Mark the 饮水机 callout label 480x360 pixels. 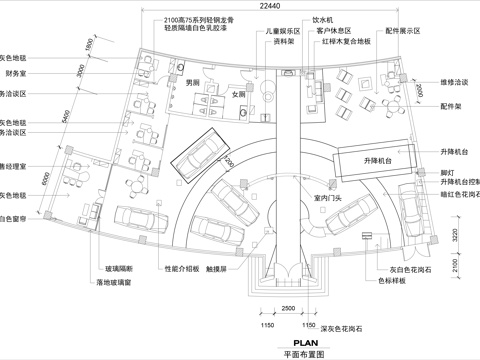[x=323, y=18]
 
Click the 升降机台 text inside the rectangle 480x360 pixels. [x=371, y=160]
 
